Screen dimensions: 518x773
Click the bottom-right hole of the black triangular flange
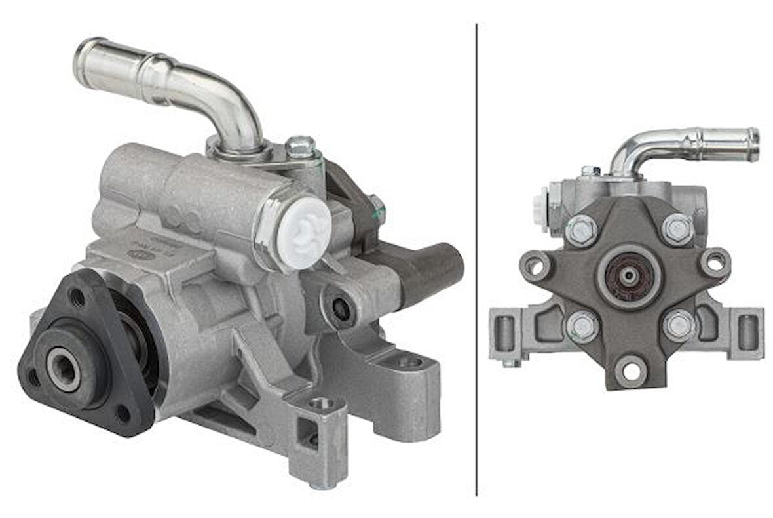pyautogui.click(x=123, y=413)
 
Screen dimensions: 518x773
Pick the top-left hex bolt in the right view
pyautogui.click(x=581, y=229)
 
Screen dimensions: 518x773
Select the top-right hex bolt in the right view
pyautogui.click(x=677, y=229)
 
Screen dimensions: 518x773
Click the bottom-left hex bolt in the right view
pyautogui.click(x=582, y=325)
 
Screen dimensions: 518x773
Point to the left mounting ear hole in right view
pyautogui.click(x=535, y=266)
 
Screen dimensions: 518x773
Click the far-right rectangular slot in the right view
pyautogui.click(x=747, y=332)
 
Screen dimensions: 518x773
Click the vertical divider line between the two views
pyautogui.click(x=476, y=262)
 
